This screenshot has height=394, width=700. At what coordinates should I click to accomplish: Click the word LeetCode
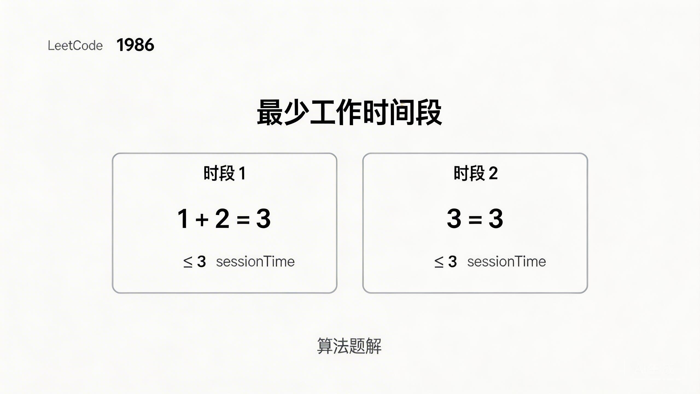click(x=75, y=45)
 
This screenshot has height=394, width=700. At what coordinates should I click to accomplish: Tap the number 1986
click(x=135, y=45)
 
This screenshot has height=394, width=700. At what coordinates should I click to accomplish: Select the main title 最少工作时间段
click(x=349, y=112)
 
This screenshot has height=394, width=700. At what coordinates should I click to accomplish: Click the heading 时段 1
click(x=224, y=173)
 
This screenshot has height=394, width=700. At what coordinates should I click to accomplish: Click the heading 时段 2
click(x=476, y=173)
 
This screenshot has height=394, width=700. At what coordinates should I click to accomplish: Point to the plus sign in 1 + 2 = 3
click(x=202, y=219)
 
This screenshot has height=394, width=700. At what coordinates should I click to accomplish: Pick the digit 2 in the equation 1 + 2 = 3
click(x=222, y=218)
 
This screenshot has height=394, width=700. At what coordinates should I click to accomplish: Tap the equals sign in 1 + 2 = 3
click(x=243, y=219)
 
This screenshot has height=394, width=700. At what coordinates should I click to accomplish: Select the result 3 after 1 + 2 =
click(x=263, y=218)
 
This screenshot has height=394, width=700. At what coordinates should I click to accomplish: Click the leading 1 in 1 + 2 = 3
click(x=183, y=218)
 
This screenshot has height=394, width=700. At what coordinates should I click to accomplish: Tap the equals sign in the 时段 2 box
click(x=475, y=219)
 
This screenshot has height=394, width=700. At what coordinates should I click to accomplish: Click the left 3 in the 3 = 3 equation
click(x=454, y=218)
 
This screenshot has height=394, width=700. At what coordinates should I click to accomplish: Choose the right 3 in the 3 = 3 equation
click(x=496, y=218)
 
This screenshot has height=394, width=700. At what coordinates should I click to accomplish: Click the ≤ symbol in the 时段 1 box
click(x=188, y=262)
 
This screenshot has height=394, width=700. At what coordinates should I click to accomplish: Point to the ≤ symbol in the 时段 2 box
click(x=439, y=262)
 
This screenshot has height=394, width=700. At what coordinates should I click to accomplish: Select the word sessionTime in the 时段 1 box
click(x=255, y=262)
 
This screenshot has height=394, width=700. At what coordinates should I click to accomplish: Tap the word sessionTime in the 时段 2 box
click(x=506, y=262)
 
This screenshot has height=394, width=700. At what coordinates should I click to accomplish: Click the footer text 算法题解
click(x=349, y=346)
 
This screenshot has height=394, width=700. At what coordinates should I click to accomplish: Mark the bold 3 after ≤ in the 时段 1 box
click(x=202, y=262)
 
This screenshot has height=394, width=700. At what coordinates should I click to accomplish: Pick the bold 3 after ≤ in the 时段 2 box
click(x=453, y=262)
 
